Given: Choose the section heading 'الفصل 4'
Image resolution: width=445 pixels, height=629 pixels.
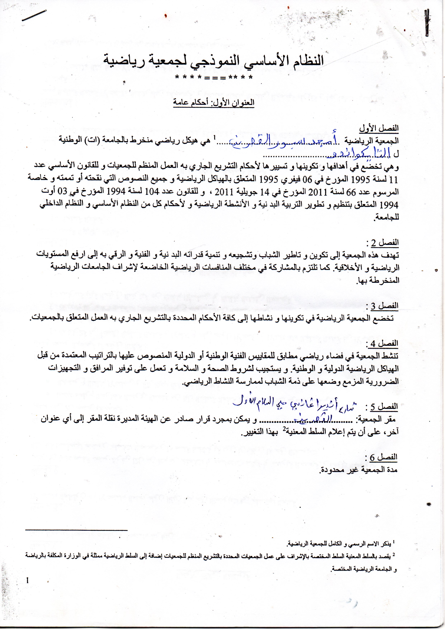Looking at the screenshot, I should click(382, 343).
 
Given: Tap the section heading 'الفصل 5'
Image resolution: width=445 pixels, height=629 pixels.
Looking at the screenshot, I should click(382, 407).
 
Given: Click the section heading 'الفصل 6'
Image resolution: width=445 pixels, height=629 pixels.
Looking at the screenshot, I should click(382, 457).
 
